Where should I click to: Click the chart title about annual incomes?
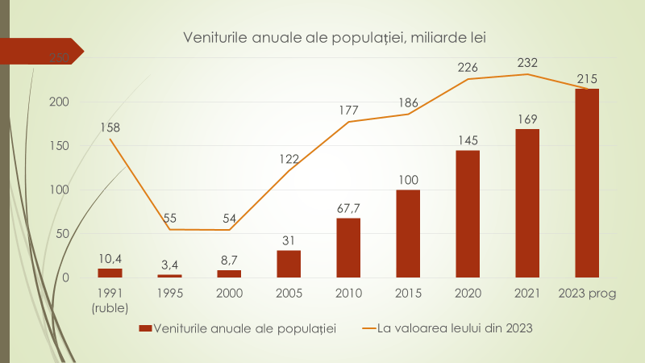point(335,37)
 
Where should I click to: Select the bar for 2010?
point(348,248)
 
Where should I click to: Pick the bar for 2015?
point(408,234)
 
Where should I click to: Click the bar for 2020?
point(468,214)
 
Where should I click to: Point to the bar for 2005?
point(289,264)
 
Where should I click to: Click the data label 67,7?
point(348,208)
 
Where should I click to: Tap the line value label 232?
point(527,62)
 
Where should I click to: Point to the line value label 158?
point(110,127)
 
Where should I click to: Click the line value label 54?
point(229,218)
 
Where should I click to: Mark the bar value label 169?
point(527,119)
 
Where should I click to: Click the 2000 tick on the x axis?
point(229,294)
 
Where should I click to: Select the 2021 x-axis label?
point(527,294)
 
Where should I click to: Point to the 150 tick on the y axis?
point(60,146)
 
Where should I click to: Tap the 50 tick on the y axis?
point(64,234)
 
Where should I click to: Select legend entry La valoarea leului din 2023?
point(447,328)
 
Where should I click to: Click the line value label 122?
point(289,159)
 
